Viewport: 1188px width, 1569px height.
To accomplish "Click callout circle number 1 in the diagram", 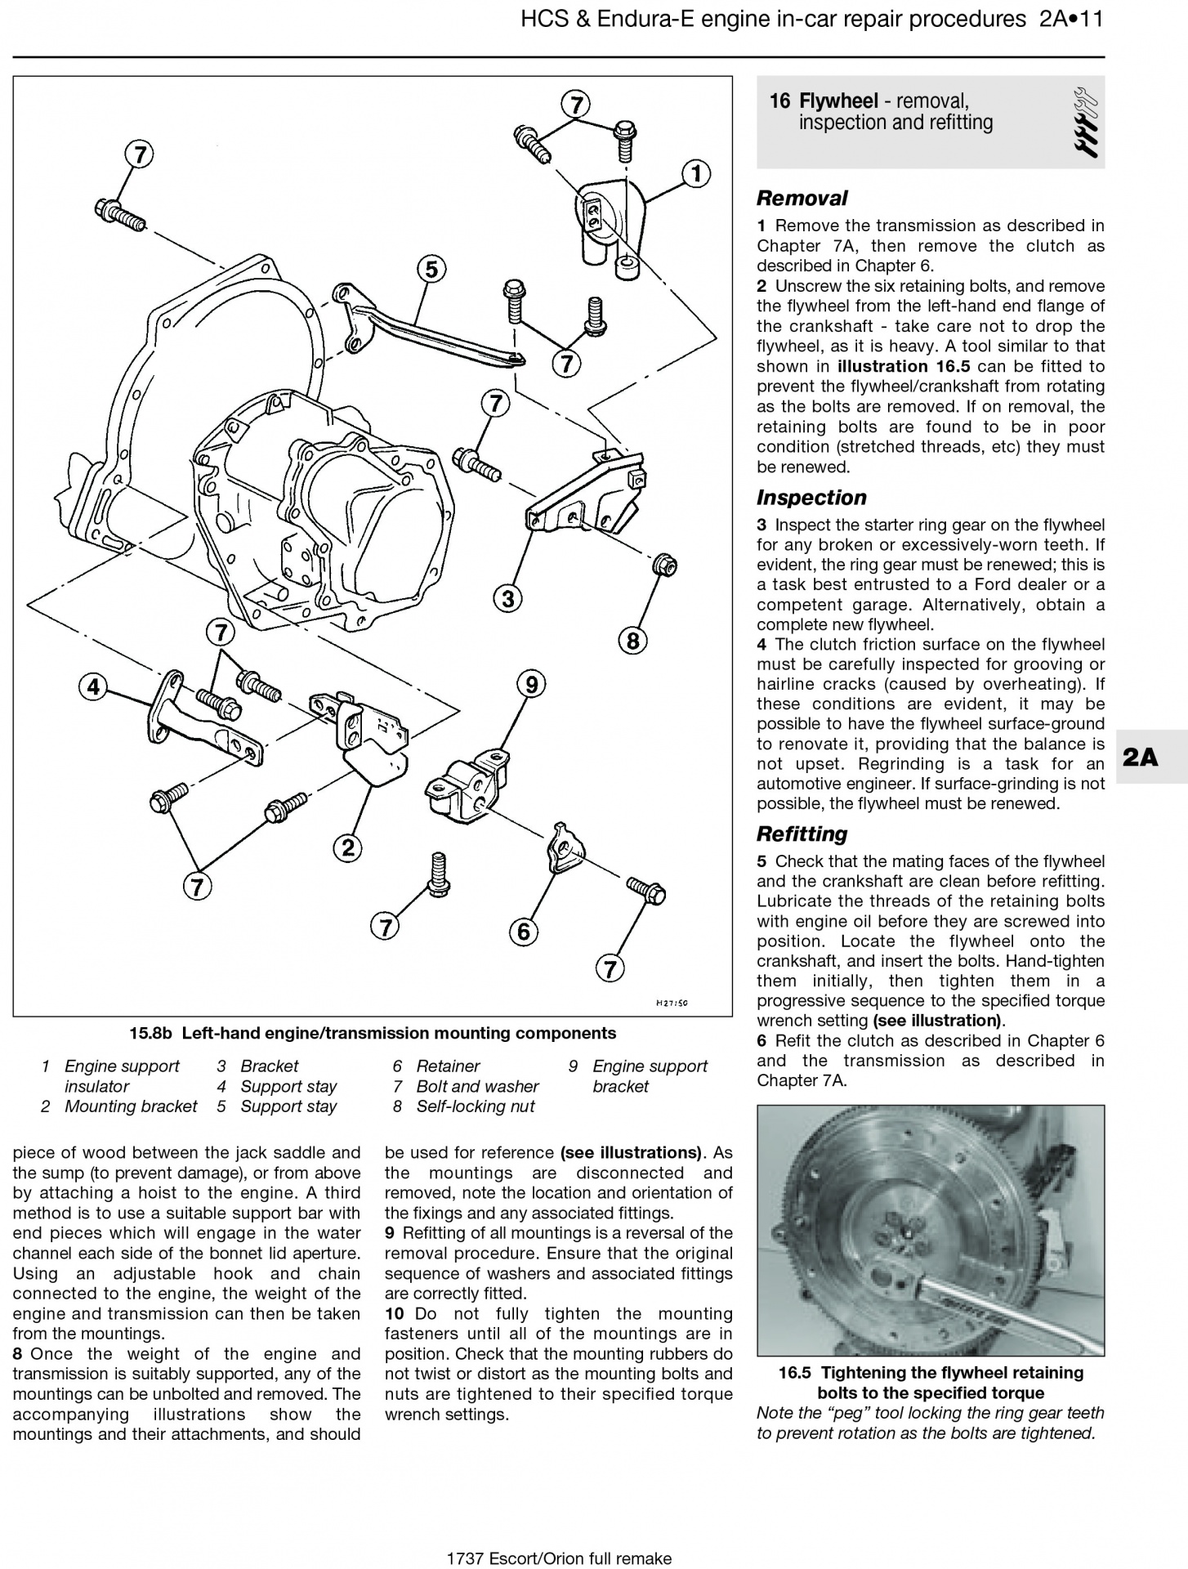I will click(x=695, y=174).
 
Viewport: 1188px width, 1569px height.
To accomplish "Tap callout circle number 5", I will click(x=431, y=269).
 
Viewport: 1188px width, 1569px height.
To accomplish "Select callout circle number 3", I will click(x=508, y=599).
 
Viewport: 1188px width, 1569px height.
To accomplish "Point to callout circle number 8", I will click(x=633, y=641).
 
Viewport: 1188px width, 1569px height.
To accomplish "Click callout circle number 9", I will click(x=531, y=684).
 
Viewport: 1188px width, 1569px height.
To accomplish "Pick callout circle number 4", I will click(x=93, y=686).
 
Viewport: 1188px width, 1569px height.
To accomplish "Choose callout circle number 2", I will click(x=348, y=847).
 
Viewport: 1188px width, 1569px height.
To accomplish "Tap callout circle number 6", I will click(x=524, y=931).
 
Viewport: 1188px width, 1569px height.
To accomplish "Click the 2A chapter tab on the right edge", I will click(x=1141, y=758).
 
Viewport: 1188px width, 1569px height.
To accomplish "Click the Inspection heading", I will click(x=811, y=498).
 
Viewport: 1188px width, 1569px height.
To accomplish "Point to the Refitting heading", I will click(x=802, y=834).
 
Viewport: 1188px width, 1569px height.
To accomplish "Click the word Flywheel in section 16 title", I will click(x=838, y=101).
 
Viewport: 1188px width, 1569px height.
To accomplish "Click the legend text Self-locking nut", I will click(x=475, y=1106).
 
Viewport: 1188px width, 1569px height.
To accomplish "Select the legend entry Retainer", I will click(x=448, y=1066).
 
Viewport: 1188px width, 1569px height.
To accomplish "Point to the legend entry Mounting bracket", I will click(x=131, y=1106).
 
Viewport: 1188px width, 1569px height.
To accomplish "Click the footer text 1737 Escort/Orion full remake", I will click(x=559, y=1558).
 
